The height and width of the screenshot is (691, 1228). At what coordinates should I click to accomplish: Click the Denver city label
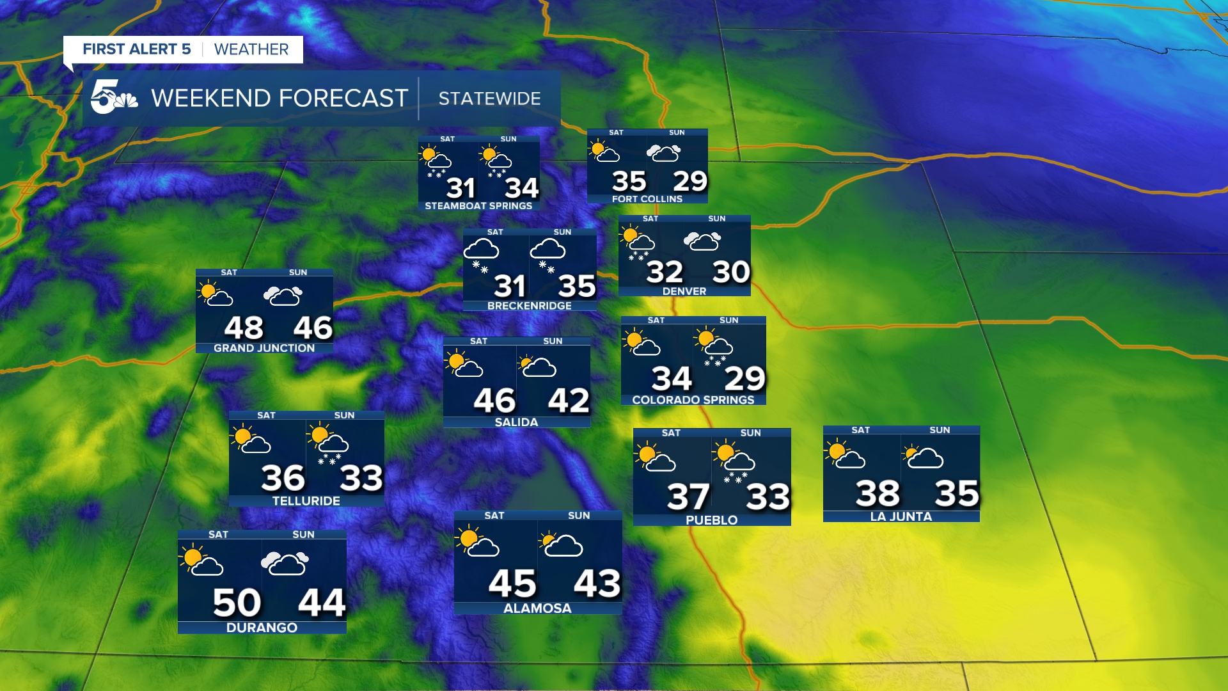coord(684,291)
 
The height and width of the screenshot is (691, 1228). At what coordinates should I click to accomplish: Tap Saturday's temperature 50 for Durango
coord(237,603)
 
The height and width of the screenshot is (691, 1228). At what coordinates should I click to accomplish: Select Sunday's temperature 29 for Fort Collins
coord(689,182)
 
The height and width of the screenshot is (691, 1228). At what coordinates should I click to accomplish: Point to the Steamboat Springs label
coord(478,206)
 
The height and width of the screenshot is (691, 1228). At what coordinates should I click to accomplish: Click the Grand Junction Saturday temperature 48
coord(244,328)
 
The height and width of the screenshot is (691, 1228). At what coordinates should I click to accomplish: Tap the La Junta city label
coord(901,516)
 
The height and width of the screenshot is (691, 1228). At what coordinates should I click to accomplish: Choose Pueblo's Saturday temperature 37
coord(688,497)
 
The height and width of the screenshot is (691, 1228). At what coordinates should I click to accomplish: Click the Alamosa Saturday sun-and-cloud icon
coord(476,541)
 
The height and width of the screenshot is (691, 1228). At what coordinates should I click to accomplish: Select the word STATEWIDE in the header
coord(489,99)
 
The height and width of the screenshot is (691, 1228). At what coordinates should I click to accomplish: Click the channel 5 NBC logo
coord(113,97)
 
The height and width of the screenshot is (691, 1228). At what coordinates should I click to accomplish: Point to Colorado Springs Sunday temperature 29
coord(744,379)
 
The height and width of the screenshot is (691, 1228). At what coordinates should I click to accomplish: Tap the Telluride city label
coord(306,501)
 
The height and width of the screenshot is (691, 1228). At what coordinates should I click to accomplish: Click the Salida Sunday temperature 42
coord(569,401)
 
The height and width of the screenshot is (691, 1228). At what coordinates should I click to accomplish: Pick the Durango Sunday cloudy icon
coord(285,564)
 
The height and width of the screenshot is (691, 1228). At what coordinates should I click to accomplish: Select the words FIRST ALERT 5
coord(137,49)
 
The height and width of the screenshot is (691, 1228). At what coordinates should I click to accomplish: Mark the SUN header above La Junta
coord(940,430)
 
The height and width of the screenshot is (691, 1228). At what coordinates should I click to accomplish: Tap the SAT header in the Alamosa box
coord(494,516)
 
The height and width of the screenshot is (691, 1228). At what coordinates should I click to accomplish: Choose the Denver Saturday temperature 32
coord(665,273)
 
